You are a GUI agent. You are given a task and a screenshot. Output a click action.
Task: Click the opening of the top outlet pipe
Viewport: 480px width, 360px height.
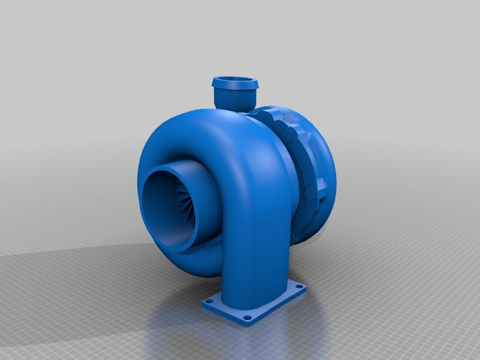click(234, 80)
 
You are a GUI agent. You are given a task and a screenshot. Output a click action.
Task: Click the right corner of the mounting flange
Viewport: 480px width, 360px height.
click(307, 289)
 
